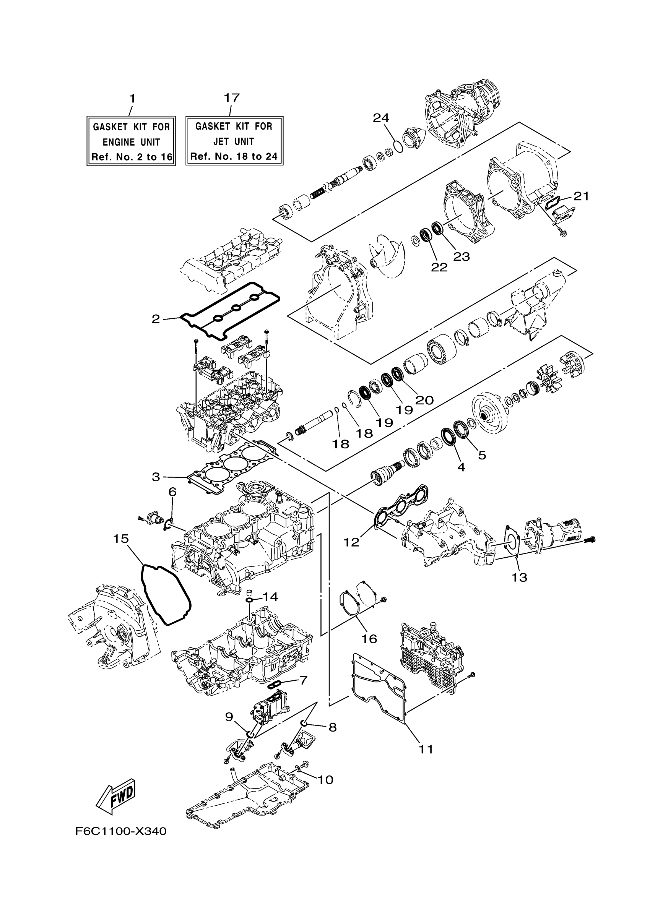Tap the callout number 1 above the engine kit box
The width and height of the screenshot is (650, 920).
132,99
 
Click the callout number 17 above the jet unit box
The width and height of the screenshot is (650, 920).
232,98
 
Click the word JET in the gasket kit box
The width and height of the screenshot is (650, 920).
221,141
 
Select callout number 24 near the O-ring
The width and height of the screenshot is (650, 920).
381,118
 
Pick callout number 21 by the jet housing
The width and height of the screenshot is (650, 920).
582,196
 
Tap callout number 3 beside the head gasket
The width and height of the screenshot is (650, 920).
156,477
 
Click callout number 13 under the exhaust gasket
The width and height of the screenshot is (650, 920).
519,578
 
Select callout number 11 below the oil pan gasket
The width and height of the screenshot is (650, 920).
426,749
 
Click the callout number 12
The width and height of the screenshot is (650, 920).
351,542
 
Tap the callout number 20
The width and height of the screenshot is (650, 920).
425,400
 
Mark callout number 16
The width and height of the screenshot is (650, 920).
369,639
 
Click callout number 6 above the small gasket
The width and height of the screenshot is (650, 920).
172,492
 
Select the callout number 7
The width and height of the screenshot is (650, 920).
303,680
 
